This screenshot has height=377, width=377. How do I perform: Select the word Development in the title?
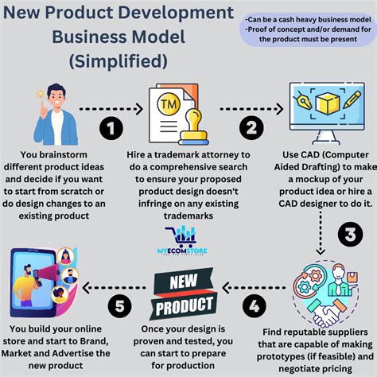click(184, 14)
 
